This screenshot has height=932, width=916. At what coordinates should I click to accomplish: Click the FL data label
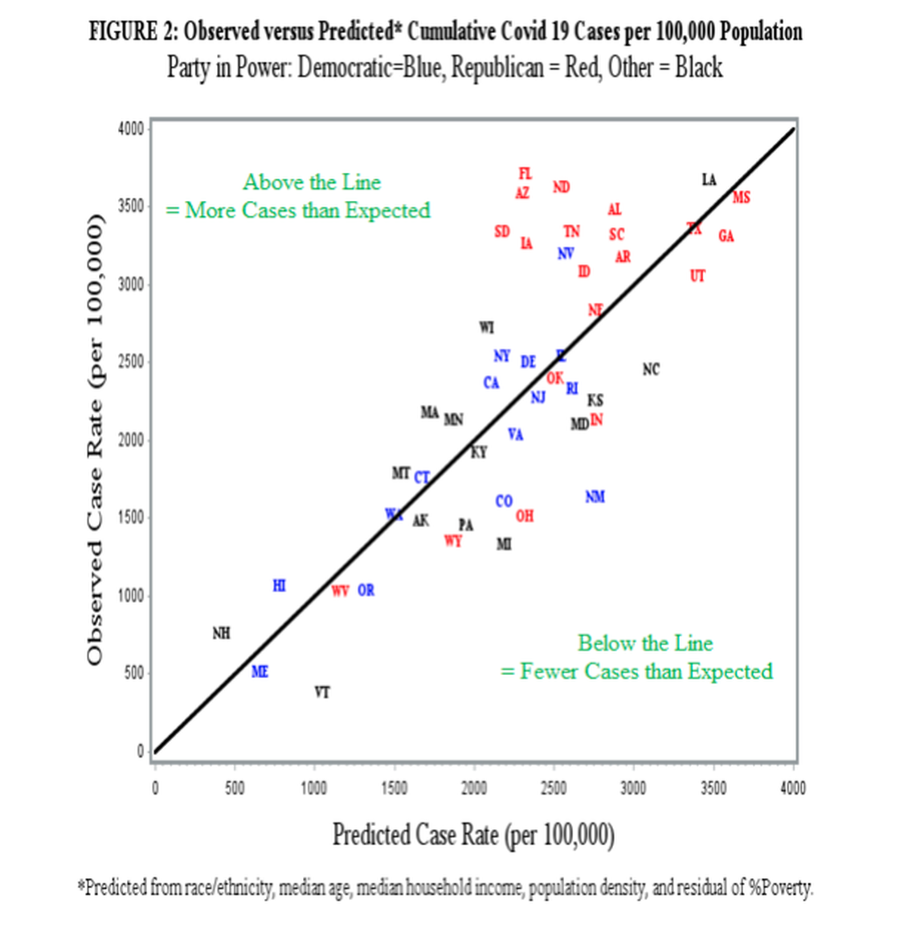(525, 174)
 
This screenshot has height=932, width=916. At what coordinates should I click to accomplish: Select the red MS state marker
(741, 197)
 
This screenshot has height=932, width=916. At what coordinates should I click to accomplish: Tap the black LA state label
(708, 179)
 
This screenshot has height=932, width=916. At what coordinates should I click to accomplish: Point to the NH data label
(221, 633)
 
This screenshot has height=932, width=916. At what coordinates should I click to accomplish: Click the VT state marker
(321, 692)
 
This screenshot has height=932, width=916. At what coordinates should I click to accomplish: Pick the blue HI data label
(279, 585)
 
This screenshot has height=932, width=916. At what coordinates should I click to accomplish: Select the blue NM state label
(595, 497)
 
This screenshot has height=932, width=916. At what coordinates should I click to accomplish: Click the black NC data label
(651, 369)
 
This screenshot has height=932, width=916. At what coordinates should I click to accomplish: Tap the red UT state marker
(697, 276)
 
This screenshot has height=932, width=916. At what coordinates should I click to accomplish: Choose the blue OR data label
(366, 590)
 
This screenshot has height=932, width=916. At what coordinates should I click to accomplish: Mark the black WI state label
(486, 327)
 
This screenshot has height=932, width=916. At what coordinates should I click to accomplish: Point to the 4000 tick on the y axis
(130, 129)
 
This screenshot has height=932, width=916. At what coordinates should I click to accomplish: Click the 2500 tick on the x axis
(553, 787)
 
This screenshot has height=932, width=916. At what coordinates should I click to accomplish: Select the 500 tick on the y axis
(133, 672)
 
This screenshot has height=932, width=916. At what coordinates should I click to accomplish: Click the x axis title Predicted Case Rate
(473, 835)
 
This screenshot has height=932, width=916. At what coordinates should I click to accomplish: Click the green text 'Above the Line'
(312, 182)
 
